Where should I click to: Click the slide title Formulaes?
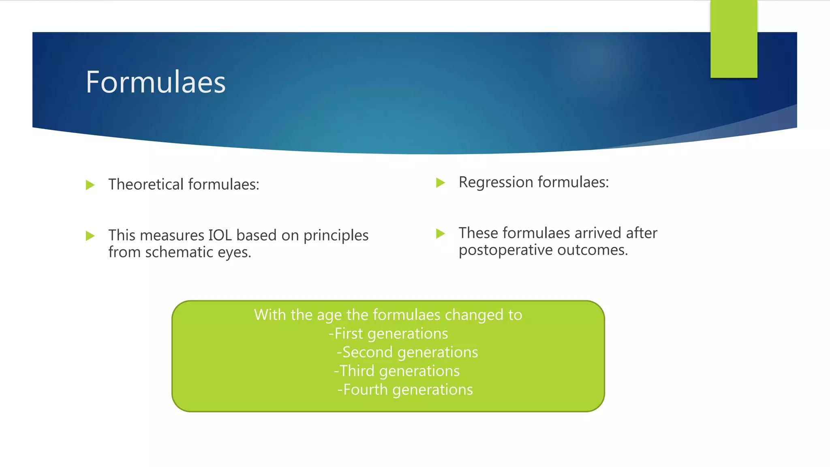click(156, 82)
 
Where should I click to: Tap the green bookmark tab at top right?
click(734, 39)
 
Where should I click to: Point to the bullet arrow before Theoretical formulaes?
click(90, 185)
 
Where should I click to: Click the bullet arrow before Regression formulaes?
click(441, 183)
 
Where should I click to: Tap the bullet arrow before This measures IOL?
click(90, 236)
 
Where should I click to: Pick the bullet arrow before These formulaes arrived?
click(441, 233)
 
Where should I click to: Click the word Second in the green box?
click(368, 352)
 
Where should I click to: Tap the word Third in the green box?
click(357, 371)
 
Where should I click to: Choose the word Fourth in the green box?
click(366, 390)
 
